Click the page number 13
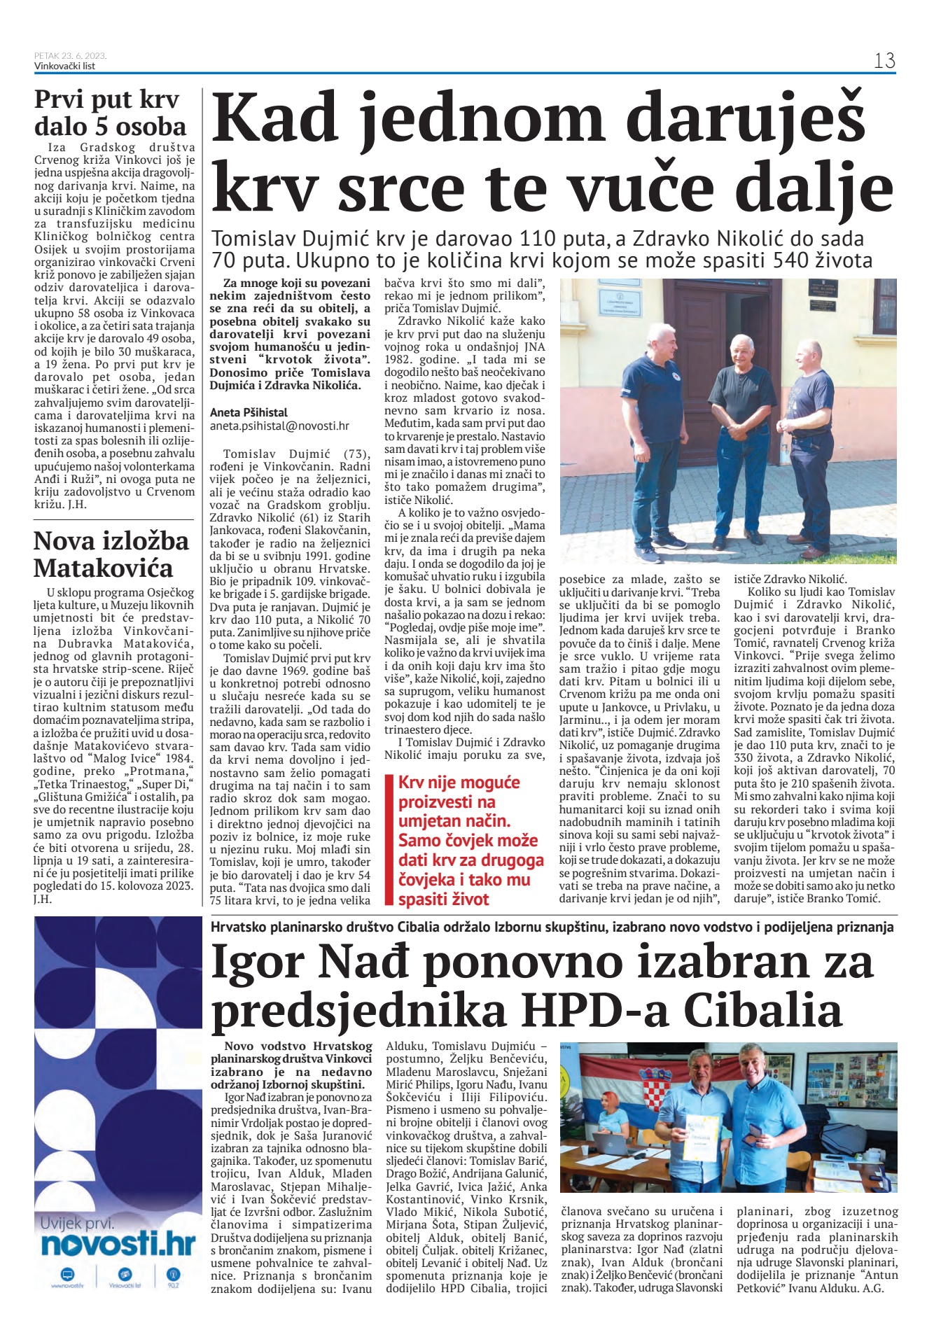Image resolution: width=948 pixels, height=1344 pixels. tap(884, 61)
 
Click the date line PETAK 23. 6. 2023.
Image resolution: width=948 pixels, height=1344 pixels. tap(70, 56)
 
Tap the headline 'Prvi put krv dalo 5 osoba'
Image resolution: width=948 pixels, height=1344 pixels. tap(110, 113)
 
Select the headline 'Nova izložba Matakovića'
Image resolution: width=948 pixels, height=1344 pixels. tap(111, 554)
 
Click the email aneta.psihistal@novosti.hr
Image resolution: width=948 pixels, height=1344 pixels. tap(279, 426)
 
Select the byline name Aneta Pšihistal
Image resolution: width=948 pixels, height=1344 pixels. tap(249, 412)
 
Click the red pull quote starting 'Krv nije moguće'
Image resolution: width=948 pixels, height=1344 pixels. tap(468, 840)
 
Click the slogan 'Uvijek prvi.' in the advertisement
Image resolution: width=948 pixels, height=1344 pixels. tap(77, 1223)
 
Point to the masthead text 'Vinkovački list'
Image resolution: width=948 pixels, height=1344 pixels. tap(64, 66)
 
